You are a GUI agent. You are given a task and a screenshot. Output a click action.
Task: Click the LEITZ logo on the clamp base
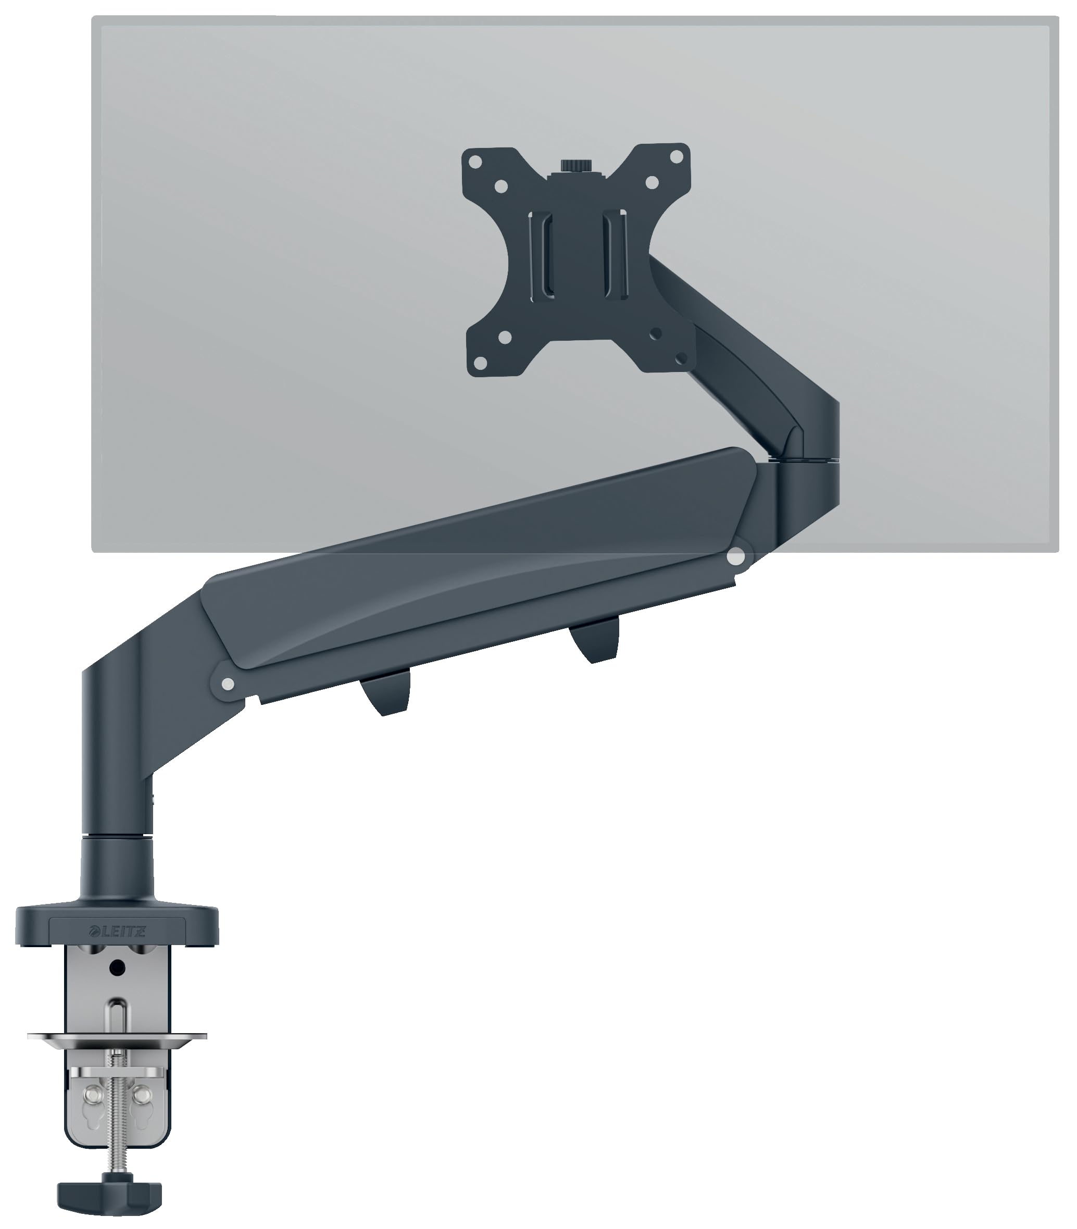[x=118, y=933]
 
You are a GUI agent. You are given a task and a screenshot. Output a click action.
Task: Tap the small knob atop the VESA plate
[x=574, y=165]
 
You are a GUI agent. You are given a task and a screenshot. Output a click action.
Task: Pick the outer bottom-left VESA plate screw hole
[x=481, y=363]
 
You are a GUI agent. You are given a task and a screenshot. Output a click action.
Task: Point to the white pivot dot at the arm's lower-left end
[x=227, y=684]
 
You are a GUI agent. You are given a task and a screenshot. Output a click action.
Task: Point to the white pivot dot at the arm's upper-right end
[x=735, y=557]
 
